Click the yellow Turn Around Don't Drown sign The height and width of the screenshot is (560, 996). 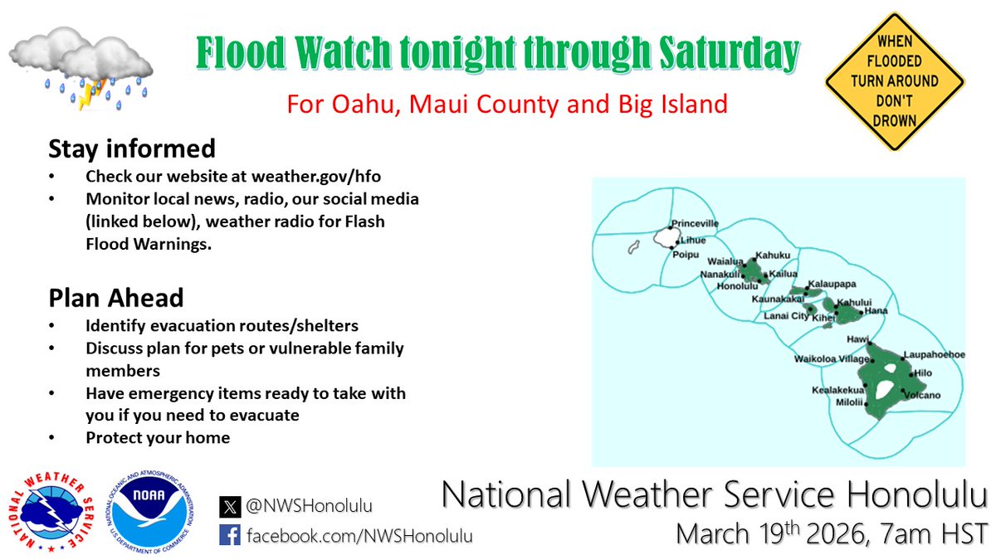[894, 81]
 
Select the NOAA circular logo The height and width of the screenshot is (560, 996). [154, 509]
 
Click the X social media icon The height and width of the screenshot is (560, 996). [230, 505]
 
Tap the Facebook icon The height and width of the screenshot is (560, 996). [230, 535]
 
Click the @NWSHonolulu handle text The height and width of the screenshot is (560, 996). [310, 505]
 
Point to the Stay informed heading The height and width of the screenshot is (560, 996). [132, 149]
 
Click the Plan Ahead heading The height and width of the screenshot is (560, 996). [116, 297]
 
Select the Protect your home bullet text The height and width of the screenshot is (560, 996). [158, 437]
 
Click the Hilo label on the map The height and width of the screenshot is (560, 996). [923, 374]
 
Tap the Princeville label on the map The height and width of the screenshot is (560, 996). [695, 224]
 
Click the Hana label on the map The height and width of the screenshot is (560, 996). [876, 311]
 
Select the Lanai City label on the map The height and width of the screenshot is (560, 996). [785, 316]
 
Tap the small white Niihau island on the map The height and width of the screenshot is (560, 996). [632, 247]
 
